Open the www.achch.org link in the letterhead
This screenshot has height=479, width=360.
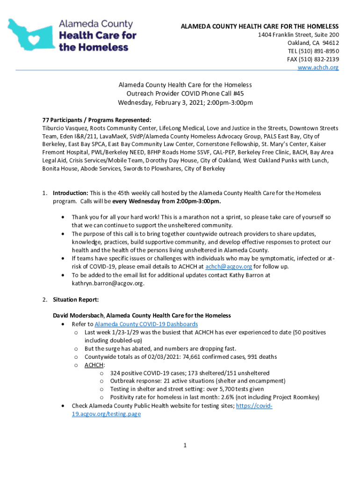click(318, 68)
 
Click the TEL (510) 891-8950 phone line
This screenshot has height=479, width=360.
click(313, 51)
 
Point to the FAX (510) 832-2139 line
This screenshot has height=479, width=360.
click(313, 59)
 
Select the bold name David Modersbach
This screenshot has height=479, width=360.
click(78, 316)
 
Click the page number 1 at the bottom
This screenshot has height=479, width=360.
click(185, 446)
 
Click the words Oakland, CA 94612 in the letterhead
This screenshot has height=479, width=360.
click(313, 43)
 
